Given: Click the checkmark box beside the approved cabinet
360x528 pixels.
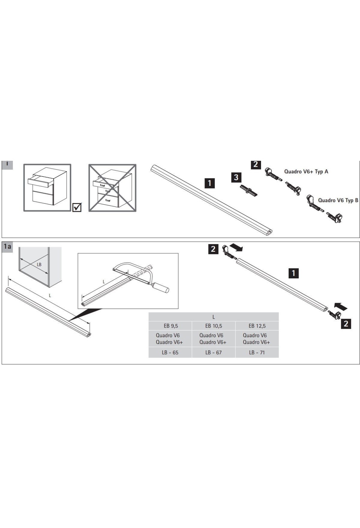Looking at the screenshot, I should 77,207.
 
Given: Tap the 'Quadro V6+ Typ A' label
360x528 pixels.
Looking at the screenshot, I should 306,172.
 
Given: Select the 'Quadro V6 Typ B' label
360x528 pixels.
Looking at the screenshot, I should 338,200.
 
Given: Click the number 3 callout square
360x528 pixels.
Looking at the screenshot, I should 236,177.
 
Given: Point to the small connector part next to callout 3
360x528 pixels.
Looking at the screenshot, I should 249,190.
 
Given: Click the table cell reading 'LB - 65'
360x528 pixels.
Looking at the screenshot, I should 170,352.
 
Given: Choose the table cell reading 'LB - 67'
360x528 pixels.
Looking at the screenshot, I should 214,352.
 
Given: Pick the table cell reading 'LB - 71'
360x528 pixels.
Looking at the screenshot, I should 257,352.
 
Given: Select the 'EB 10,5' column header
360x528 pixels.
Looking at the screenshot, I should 214,326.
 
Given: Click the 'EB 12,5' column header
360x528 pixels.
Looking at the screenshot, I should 257,326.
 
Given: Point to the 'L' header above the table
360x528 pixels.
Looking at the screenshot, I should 214,317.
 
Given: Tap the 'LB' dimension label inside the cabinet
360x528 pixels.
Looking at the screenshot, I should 39,265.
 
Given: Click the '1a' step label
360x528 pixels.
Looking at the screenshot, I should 7,247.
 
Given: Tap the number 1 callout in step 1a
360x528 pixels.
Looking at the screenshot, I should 293,273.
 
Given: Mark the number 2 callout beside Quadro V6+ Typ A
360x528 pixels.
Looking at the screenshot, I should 256,164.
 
